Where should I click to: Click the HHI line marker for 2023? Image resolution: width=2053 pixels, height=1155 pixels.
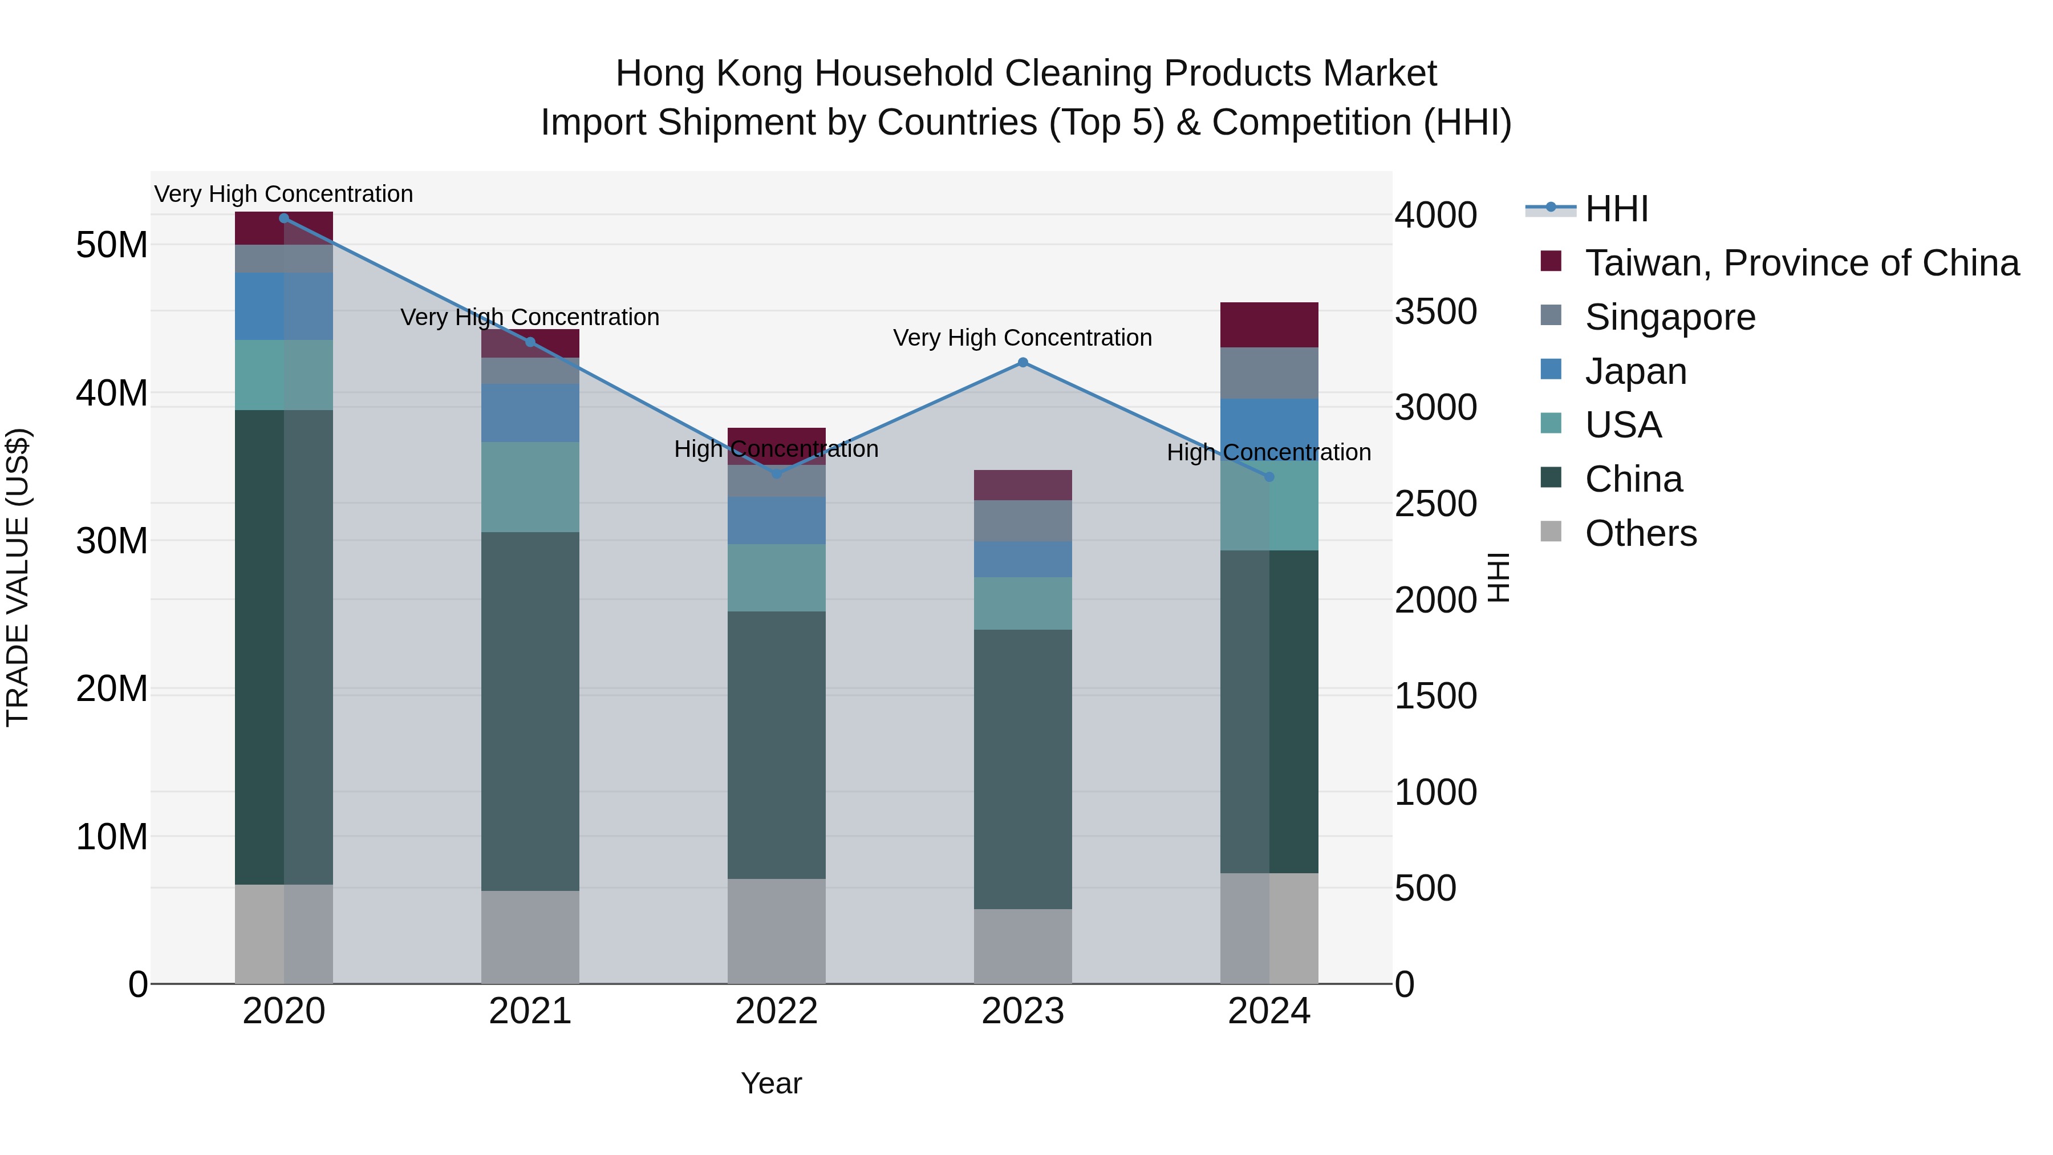(1023, 363)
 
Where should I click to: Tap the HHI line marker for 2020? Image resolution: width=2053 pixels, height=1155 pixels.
(284, 218)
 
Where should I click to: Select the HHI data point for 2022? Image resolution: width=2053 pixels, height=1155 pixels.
(777, 473)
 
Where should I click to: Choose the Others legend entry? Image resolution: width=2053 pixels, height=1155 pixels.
(1640, 533)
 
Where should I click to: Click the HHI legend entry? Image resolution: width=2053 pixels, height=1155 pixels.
(1616, 209)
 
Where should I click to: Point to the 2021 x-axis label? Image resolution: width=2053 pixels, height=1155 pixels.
(530, 1011)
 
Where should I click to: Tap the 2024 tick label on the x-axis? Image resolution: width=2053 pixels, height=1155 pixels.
(1269, 1011)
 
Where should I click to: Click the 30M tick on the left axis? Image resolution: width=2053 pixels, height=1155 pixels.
(112, 541)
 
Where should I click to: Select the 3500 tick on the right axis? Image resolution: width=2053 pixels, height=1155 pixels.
(1435, 311)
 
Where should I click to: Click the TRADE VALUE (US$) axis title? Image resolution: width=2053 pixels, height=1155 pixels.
(18, 577)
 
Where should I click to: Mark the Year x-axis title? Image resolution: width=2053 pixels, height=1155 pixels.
(770, 1083)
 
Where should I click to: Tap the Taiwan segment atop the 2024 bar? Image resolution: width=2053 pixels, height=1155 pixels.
(1269, 325)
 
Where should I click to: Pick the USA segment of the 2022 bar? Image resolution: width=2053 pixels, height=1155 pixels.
(777, 577)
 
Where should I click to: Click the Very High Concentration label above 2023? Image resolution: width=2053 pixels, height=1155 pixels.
(1023, 338)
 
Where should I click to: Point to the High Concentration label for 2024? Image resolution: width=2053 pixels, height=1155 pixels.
(1269, 453)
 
